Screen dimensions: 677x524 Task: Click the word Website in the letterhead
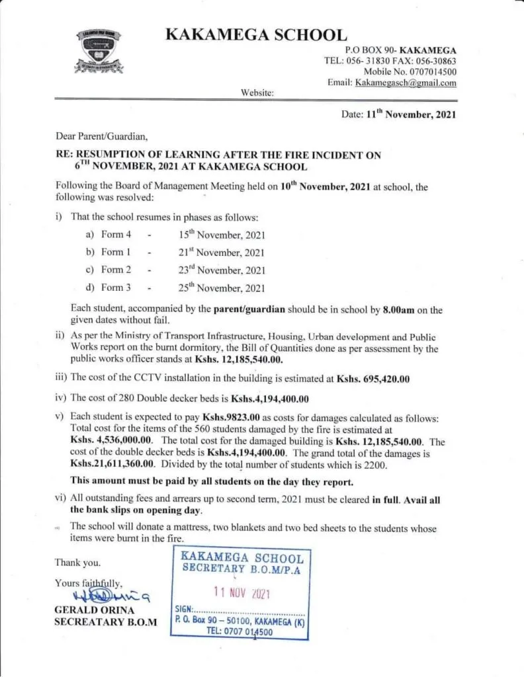tap(257, 93)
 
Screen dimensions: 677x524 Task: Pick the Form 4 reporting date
tap(222, 235)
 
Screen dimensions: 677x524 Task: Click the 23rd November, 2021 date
tap(222, 270)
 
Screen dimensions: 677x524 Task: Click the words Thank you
tap(79, 563)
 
